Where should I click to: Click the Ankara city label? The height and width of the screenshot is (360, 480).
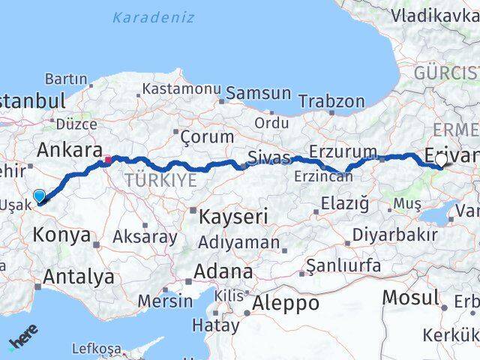click(65, 148)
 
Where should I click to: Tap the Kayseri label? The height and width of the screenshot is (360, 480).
click(233, 217)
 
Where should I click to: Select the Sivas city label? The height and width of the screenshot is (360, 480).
click(268, 157)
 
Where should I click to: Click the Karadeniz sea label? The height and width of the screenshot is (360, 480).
click(154, 17)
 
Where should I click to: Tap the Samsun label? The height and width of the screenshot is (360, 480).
click(258, 93)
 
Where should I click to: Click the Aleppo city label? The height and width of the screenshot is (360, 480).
click(285, 303)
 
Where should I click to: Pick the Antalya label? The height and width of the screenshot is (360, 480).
click(78, 276)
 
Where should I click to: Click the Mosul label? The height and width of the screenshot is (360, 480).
click(409, 296)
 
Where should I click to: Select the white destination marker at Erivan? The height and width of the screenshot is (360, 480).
click(440, 160)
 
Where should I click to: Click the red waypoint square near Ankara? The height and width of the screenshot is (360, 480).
click(108, 159)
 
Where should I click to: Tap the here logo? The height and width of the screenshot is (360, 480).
click(22, 341)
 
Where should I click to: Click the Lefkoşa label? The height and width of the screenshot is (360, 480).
click(96, 348)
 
